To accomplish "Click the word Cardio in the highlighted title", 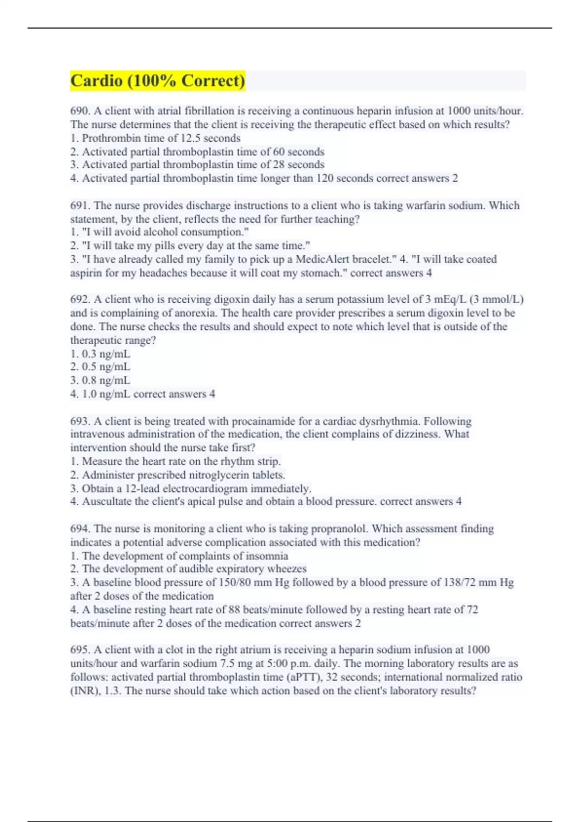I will click(96, 80).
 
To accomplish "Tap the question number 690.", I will click(80, 111).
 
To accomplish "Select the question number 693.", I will click(80, 421).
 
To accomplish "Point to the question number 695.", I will click(80, 650).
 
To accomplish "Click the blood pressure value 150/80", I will click(232, 583).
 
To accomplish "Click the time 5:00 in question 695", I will click(277, 663).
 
